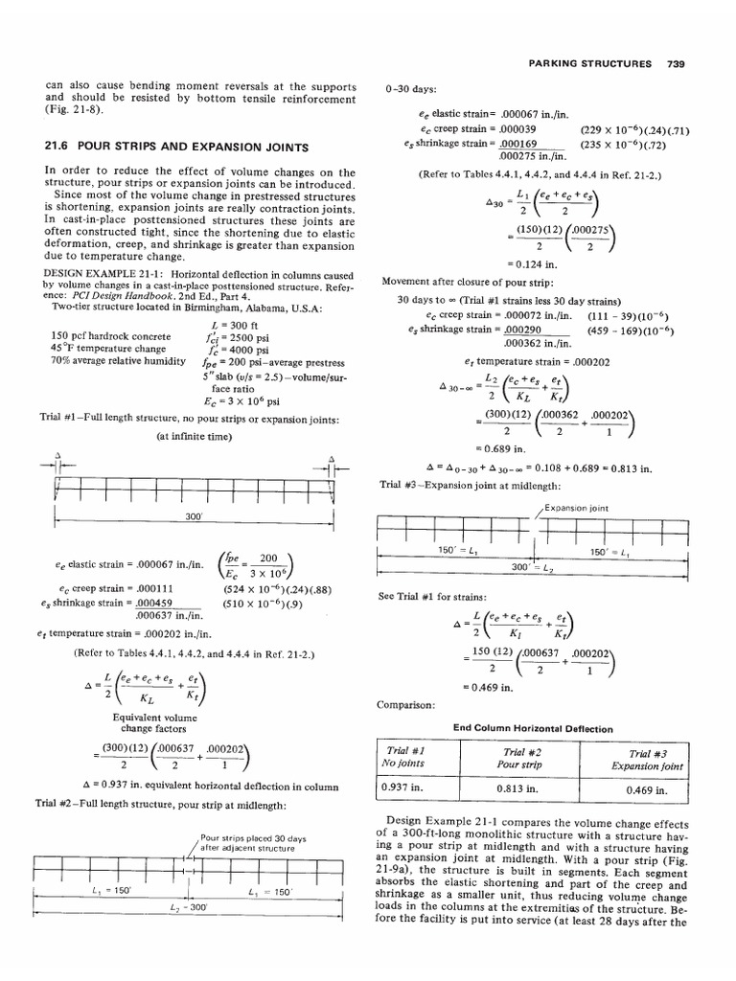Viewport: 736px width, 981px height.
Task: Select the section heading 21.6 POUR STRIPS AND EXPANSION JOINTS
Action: [177, 147]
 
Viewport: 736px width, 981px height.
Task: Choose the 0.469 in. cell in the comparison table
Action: [640, 791]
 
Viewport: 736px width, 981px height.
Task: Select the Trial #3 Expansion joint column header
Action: [640, 760]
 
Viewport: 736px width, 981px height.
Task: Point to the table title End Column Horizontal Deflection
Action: [533, 728]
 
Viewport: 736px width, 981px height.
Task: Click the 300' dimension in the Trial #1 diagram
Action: [195, 516]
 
